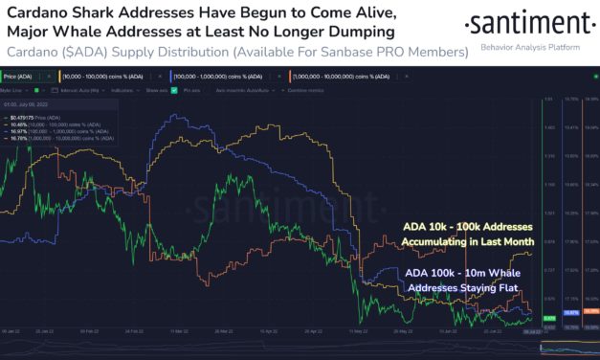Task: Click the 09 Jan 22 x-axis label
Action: coord(11,331)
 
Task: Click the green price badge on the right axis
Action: coord(549,317)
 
